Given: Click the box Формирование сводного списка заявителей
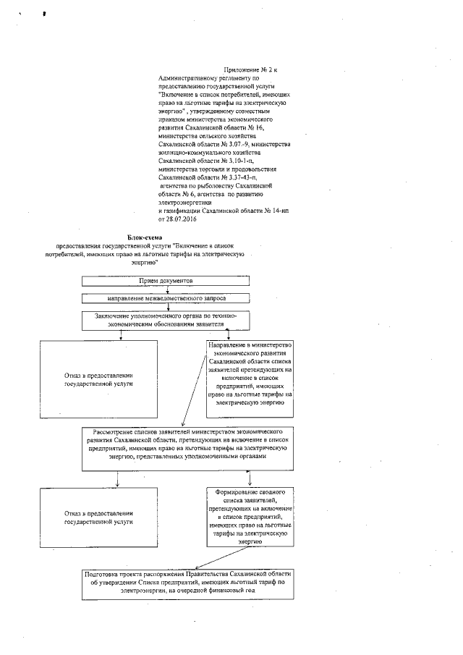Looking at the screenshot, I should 250,520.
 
